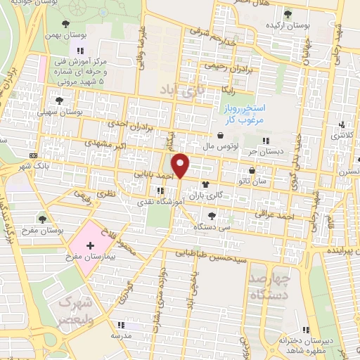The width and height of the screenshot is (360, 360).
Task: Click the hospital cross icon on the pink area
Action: (x=89, y=245)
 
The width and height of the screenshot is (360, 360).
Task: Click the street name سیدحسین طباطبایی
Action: (x=204, y=253)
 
